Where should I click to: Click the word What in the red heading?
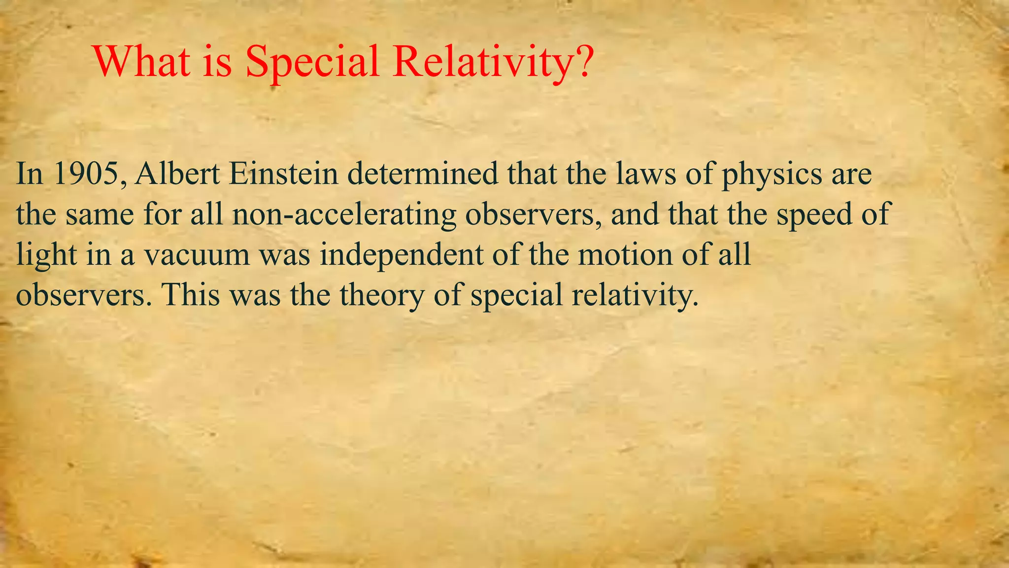pyautogui.click(x=142, y=61)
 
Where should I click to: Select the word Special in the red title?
pyautogui.click(x=312, y=62)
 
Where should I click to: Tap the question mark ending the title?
pyautogui.click(x=582, y=61)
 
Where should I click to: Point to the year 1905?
pyautogui.click(x=88, y=174)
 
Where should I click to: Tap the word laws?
pyautogui.click(x=645, y=174)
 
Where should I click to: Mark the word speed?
pyautogui.click(x=814, y=215)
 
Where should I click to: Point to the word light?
pyautogui.click(x=47, y=255)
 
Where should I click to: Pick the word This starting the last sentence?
pyautogui.click(x=191, y=295)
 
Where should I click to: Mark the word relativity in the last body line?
pyautogui.click(x=636, y=296)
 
